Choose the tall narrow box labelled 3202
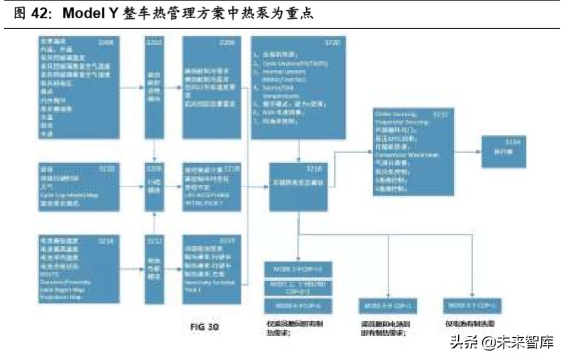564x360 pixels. tap(155, 87)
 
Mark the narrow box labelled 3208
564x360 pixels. tap(155, 180)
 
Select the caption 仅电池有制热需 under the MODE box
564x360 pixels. tap(473, 324)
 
